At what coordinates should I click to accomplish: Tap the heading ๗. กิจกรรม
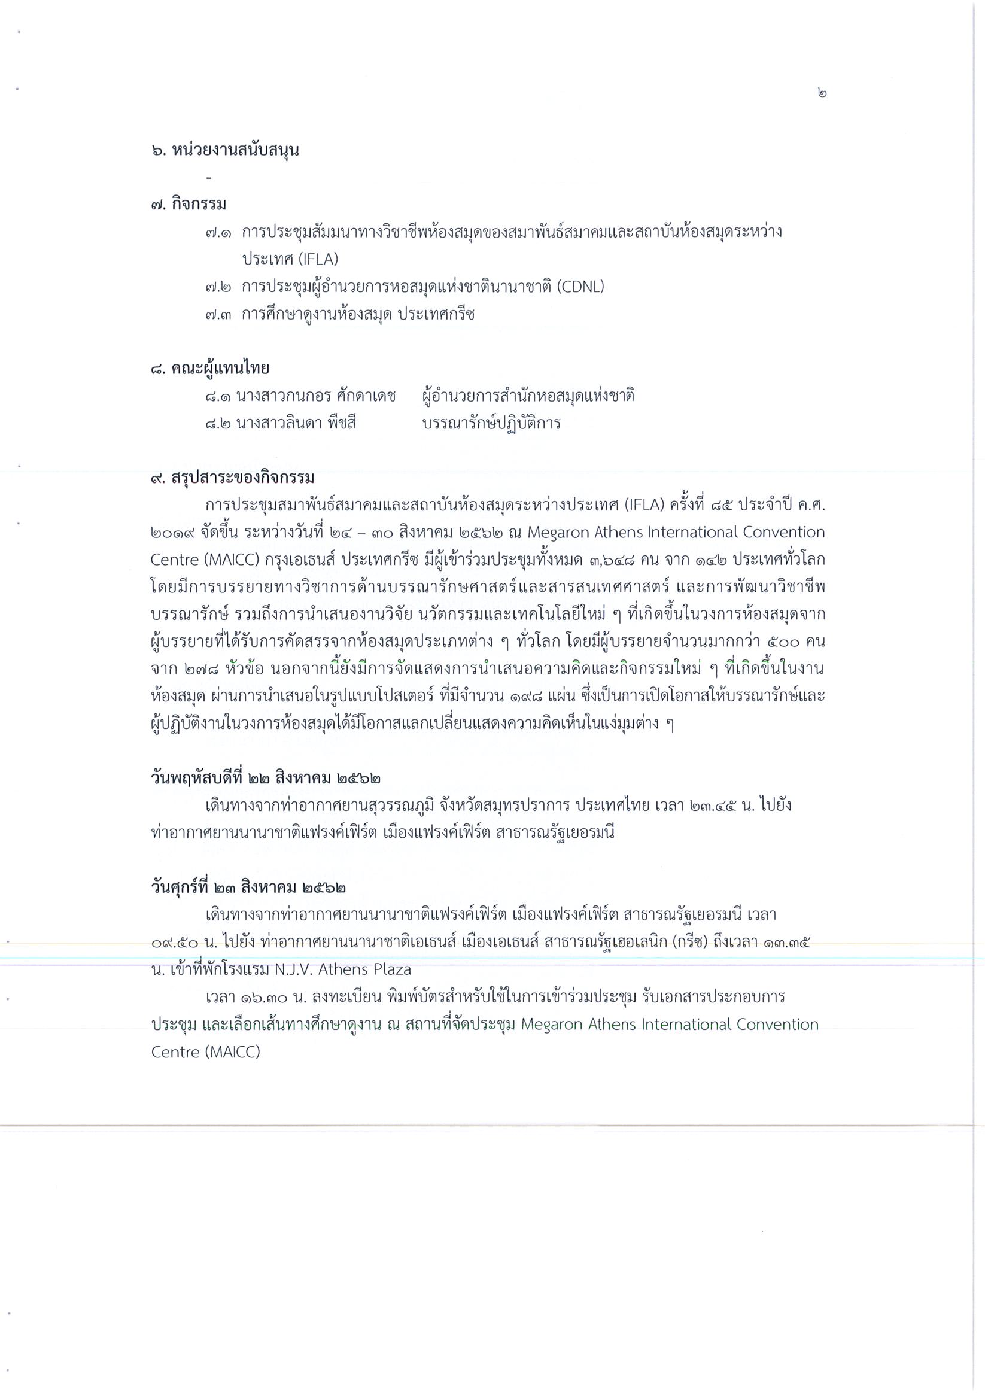pos(189,204)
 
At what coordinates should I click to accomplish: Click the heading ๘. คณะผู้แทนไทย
pos(209,368)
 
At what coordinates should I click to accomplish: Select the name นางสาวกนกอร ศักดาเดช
pos(316,396)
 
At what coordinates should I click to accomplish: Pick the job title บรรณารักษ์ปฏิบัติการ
pos(491,424)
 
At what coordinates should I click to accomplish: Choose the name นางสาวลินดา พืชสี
pos(296,424)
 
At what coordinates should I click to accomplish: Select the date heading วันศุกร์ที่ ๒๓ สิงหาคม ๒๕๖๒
pos(249,888)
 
